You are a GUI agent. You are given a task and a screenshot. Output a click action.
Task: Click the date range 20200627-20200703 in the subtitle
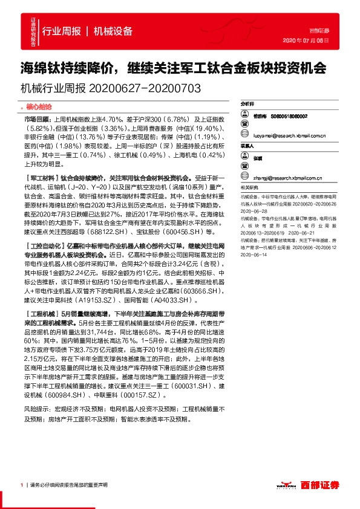(144, 88)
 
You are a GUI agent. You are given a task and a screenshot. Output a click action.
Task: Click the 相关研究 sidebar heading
(249, 188)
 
